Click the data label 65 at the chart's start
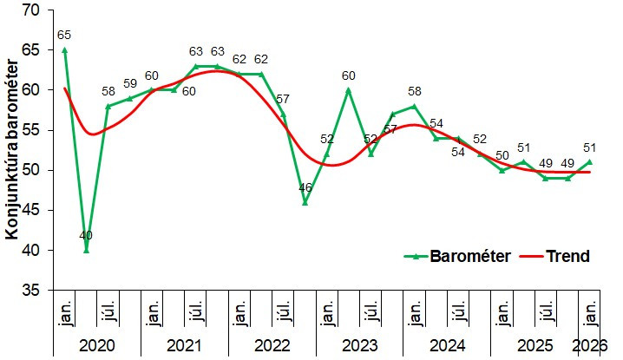click(x=64, y=36)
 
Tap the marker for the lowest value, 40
click(x=86, y=250)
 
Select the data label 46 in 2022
click(x=305, y=187)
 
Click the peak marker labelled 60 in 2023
click(x=349, y=89)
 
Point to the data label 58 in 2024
click(x=415, y=91)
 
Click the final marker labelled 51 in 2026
click(x=590, y=161)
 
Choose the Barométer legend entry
click(x=459, y=256)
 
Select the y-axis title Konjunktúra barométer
click(x=13, y=149)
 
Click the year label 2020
click(x=97, y=346)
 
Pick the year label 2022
click(x=272, y=346)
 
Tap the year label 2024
click(x=447, y=346)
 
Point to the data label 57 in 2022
click(x=284, y=99)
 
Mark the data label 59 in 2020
click(x=130, y=84)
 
